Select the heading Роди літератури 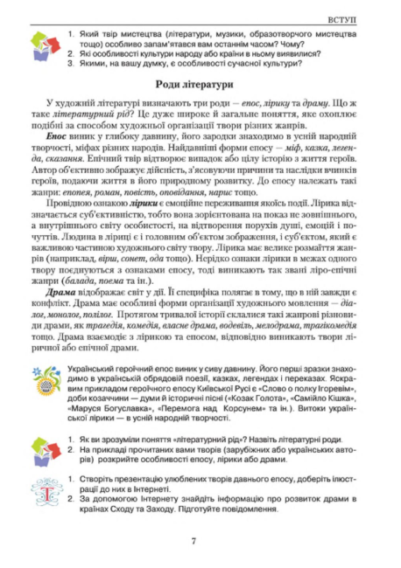tap(200, 84)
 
